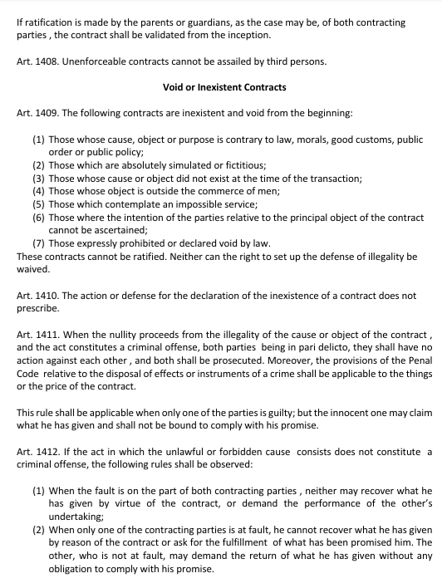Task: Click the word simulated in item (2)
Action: [174, 165]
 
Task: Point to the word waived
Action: [34, 269]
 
